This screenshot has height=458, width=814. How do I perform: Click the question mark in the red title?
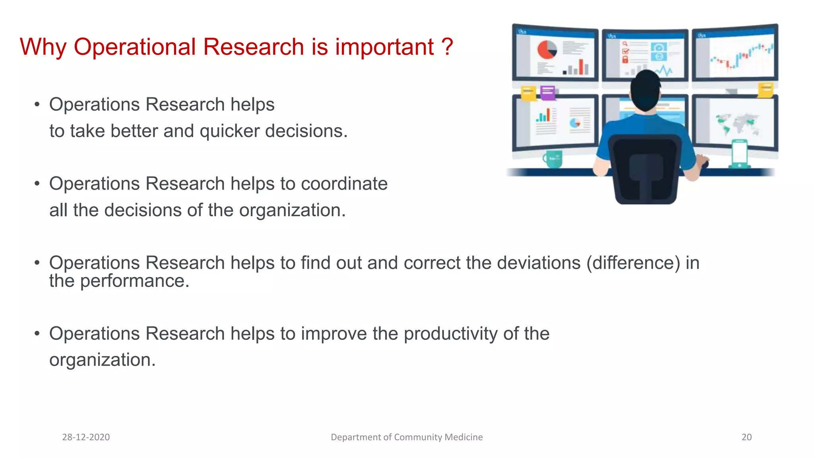click(x=447, y=47)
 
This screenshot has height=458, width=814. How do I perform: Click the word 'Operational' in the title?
click(x=135, y=47)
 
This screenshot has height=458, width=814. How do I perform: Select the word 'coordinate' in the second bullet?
click(x=344, y=184)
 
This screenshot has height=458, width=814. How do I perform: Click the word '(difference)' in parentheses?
click(x=633, y=263)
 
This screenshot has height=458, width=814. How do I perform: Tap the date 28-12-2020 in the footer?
click(x=86, y=437)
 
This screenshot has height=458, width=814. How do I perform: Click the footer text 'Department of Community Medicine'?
click(x=407, y=437)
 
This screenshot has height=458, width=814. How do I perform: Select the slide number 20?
click(x=746, y=437)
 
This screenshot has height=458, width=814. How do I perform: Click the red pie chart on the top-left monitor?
click(x=547, y=50)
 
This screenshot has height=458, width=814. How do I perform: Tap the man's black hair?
click(x=645, y=89)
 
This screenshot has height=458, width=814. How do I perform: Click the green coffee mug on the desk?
click(x=553, y=159)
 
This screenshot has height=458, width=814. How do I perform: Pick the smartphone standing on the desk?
click(x=739, y=153)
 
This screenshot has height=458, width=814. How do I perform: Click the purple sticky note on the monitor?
click(x=548, y=93)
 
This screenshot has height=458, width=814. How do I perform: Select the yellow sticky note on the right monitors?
click(x=766, y=89)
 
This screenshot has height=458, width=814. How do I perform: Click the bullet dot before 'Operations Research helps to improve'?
click(x=37, y=333)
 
